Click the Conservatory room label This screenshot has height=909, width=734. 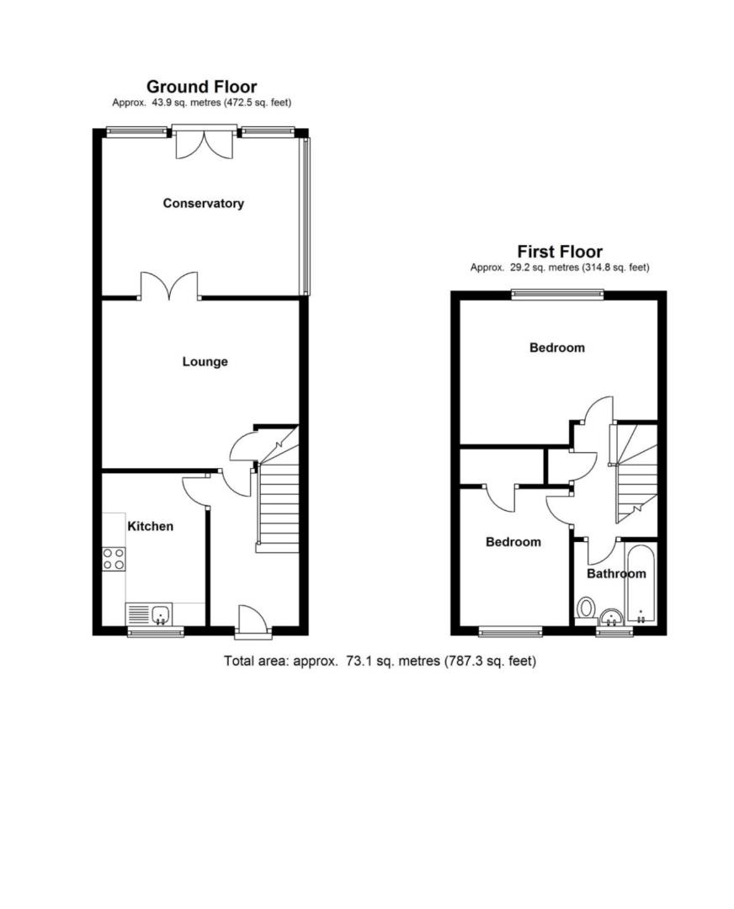(203, 204)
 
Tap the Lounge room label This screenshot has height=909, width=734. (205, 362)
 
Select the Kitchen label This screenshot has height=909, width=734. (150, 526)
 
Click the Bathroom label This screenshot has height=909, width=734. (616, 574)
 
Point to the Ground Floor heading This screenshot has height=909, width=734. (201, 87)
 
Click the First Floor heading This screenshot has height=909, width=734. (559, 252)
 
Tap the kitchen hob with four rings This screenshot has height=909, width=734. (113, 559)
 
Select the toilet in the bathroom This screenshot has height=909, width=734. (586, 609)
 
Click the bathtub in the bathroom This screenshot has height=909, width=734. (641, 585)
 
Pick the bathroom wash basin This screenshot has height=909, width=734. (612, 616)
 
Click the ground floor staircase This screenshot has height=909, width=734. (277, 505)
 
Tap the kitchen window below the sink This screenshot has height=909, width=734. (155, 631)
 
